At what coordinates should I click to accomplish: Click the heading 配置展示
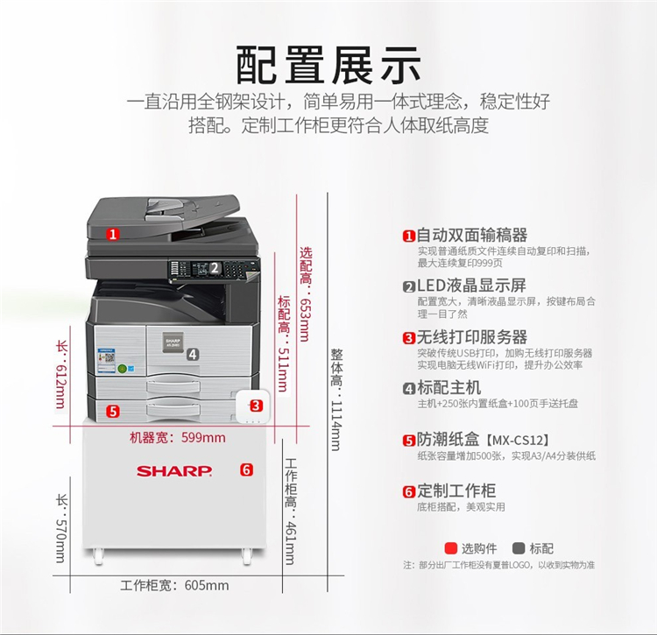pos(328,66)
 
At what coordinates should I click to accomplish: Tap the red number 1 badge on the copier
pos(112,234)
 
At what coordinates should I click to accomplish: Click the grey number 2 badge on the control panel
pos(215,268)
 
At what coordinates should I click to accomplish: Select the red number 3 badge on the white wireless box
pos(256,406)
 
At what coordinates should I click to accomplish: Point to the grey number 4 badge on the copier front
pos(193,355)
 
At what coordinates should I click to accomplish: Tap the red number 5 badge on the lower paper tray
pos(113,412)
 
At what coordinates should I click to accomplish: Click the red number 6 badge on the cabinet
pos(246,469)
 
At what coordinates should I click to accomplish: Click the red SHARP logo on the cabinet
pos(174,471)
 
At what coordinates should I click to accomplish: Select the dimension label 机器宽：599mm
pos(178,438)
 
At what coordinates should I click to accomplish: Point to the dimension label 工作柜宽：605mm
pos(174,585)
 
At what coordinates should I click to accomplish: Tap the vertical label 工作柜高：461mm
pos(290,511)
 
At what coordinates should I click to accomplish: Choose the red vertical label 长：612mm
pos(61,375)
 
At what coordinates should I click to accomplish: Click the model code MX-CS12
pos(518,441)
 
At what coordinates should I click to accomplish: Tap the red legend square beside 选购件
pos(451,548)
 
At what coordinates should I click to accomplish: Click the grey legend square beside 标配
pos(519,548)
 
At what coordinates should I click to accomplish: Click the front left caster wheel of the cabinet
pos(98,556)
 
